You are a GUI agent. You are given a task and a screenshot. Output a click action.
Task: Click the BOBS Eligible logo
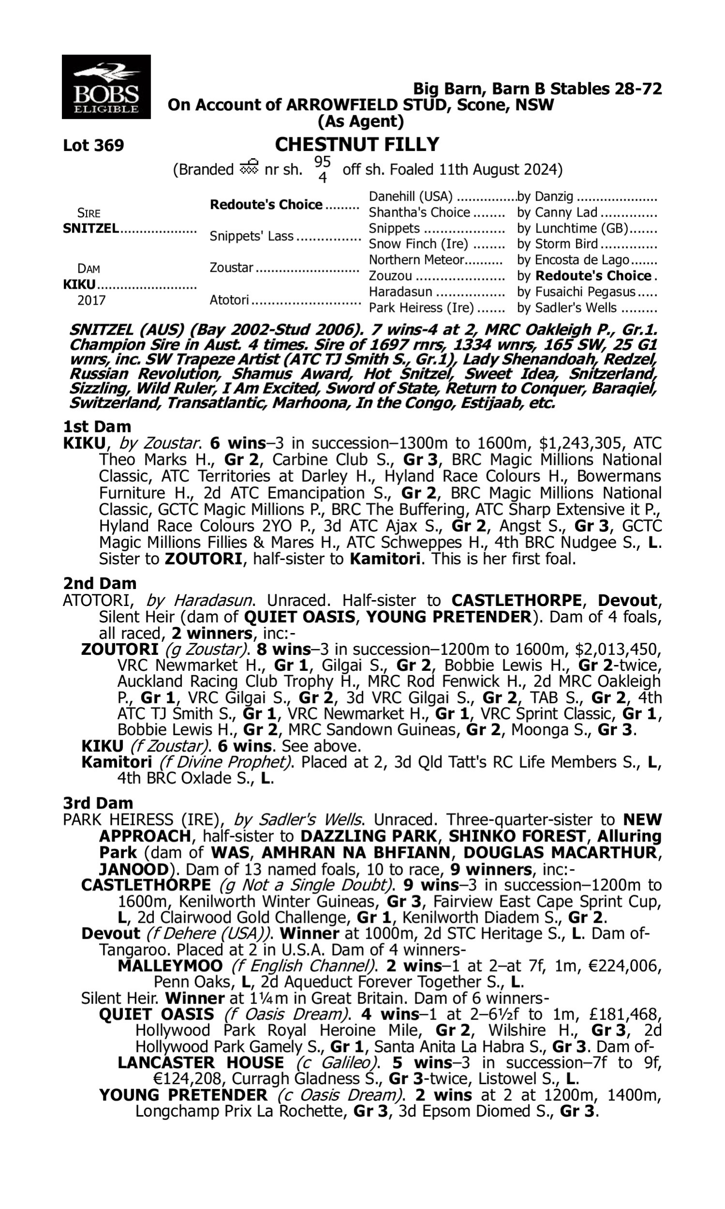[106, 87]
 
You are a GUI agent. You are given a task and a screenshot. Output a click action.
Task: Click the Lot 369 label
[93, 146]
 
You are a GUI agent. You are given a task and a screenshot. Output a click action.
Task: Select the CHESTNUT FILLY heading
[357, 145]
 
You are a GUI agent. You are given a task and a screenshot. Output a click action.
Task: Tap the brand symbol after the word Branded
[248, 168]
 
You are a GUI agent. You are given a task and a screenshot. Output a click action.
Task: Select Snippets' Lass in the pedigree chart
[252, 236]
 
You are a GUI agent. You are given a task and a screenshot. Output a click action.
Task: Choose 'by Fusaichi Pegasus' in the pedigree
[576, 292]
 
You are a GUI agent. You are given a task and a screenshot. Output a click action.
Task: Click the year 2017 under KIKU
[91, 300]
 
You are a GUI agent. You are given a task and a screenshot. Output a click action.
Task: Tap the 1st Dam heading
[97, 427]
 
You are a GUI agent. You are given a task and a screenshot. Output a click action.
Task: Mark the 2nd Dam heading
[100, 583]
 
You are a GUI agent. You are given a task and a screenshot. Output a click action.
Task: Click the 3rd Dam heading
[98, 803]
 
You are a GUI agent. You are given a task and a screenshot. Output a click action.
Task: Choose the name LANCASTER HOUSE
[201, 1063]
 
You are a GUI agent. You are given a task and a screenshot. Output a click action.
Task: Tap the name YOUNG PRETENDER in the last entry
[183, 1095]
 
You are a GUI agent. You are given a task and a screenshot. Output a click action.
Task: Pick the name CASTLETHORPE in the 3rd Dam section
[145, 885]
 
